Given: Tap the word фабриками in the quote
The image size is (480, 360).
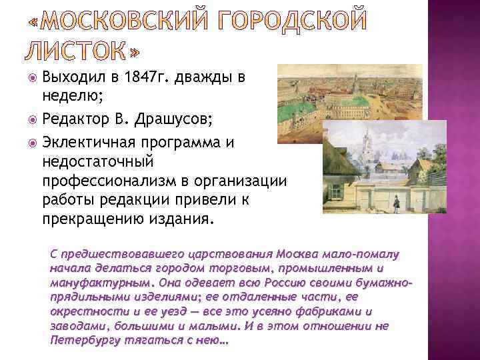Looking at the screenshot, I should [x=335, y=312].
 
